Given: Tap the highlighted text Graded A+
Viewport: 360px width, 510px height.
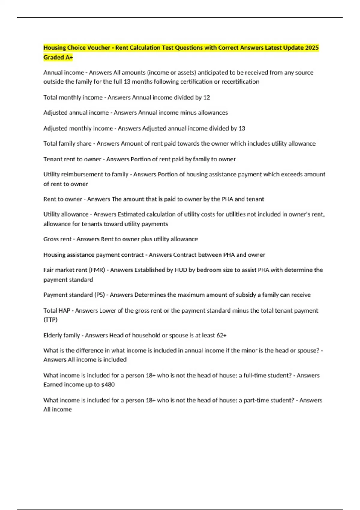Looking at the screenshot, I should coord(58,57).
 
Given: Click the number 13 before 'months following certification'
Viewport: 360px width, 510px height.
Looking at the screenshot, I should coord(127,82).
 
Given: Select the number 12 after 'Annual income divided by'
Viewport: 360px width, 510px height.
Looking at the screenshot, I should coord(206,97).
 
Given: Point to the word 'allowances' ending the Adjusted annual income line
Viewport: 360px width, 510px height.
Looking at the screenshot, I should coord(213,112).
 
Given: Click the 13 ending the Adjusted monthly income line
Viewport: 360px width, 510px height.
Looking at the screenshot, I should coord(241,128).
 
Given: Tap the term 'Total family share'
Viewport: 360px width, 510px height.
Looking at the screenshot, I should coord(67,143).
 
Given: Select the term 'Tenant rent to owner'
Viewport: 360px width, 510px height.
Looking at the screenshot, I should coord(72,159).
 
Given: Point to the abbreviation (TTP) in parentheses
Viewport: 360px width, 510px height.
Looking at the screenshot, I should coord(50,320).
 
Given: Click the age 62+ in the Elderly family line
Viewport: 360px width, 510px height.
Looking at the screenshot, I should coord(221,335).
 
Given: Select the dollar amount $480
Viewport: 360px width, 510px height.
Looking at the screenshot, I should coord(108,385).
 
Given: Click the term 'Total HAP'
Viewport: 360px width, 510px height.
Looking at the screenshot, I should coord(57,310).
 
